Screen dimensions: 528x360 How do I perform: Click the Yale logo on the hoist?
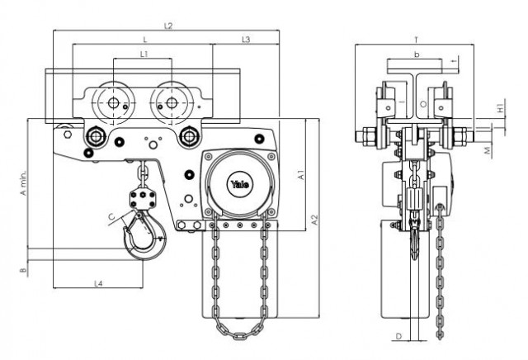coord(240,184)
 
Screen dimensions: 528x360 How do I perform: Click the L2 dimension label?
coord(168,26)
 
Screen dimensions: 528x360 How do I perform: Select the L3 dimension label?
coord(246,40)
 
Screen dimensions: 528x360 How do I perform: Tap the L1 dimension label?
coord(144,54)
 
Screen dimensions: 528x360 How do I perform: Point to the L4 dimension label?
coord(97,284)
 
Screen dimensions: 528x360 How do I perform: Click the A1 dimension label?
coord(301,175)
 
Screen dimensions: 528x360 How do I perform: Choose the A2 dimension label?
coord(314,220)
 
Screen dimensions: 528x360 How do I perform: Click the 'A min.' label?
coord(23,182)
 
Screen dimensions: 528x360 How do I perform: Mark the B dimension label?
coord(23,270)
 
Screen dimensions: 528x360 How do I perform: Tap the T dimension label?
coord(416,40)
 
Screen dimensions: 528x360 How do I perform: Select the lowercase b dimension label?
coord(417,54)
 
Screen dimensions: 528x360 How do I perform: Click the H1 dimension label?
coord(501,108)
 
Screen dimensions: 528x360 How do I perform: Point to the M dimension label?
coord(488,151)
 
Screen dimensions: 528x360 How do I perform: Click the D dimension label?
coord(398,336)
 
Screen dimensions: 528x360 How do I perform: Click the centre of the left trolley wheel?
coord(114,103)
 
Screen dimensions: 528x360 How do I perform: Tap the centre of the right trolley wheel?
coord(172,103)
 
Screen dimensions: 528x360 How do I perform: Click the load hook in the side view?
coord(415,236)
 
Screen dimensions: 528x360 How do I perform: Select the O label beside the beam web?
coord(423,104)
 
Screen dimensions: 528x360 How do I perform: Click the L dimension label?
coord(145,40)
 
